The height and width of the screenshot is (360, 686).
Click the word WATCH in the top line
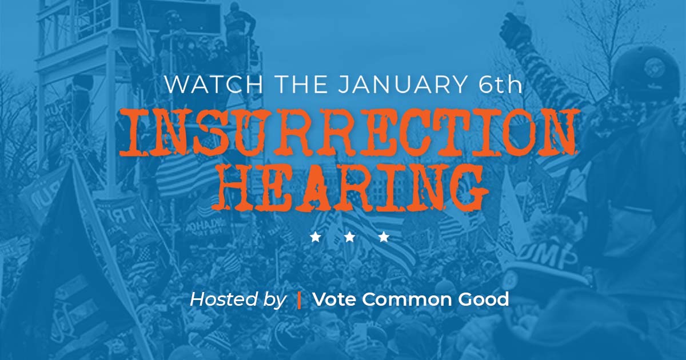point(213,85)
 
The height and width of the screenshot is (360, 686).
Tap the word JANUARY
point(401,85)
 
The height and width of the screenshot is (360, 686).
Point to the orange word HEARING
point(349,187)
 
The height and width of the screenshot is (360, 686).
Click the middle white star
point(349,237)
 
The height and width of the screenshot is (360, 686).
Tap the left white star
point(316,237)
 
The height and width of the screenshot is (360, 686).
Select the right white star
point(384,237)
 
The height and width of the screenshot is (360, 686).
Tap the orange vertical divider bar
point(299,299)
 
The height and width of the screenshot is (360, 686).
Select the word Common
point(406,299)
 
